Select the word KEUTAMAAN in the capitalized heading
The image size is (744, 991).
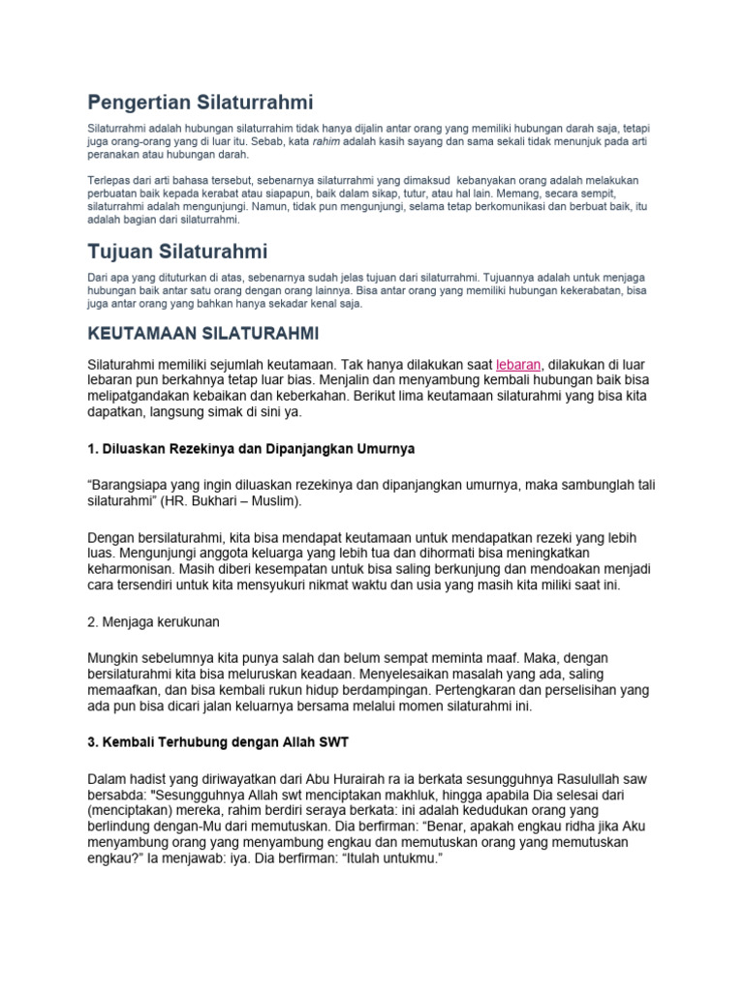142,334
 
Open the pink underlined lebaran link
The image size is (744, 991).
518,365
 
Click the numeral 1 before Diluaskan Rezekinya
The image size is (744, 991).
92,450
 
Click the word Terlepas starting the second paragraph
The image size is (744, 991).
108,180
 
